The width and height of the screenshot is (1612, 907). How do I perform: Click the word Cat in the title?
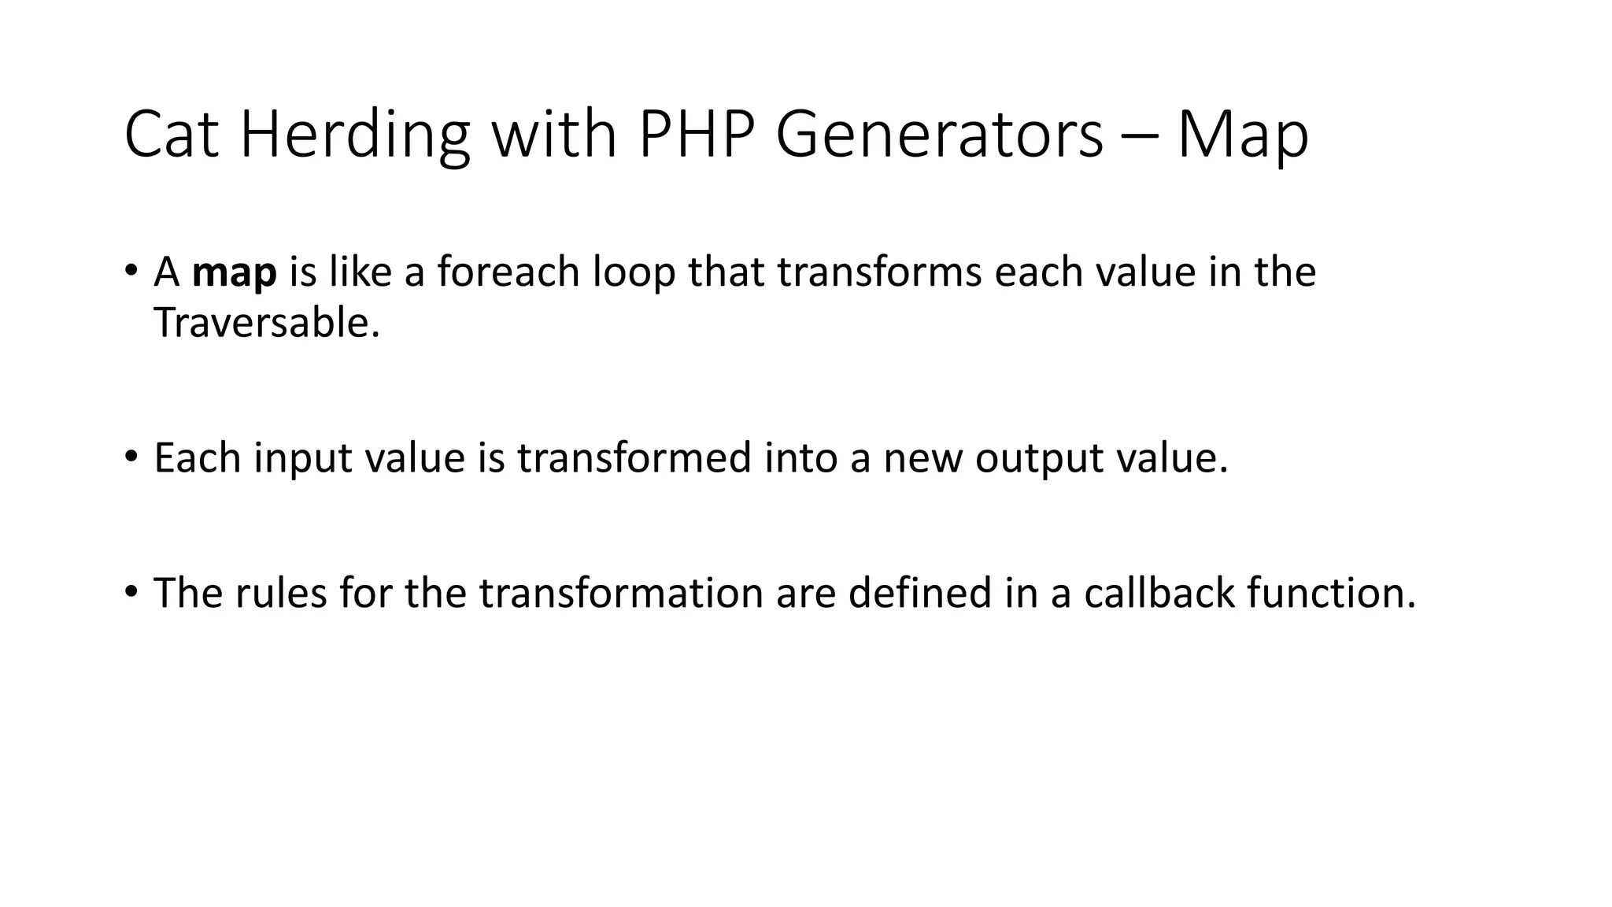pos(171,135)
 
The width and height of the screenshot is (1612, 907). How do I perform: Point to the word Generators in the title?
pos(940,135)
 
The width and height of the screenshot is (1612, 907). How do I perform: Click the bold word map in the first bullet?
pos(234,273)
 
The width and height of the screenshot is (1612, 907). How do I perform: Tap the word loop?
pos(634,273)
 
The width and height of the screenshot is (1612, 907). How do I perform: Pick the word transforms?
pos(879,272)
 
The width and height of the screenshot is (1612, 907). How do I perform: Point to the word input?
pos(302,458)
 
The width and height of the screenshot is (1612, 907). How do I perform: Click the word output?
pos(1040,458)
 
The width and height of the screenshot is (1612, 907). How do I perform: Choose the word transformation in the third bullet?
pos(621,593)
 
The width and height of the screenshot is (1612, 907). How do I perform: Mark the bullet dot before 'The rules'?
pos(131,590)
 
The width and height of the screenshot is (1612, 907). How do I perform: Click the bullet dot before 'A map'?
pos(131,270)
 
